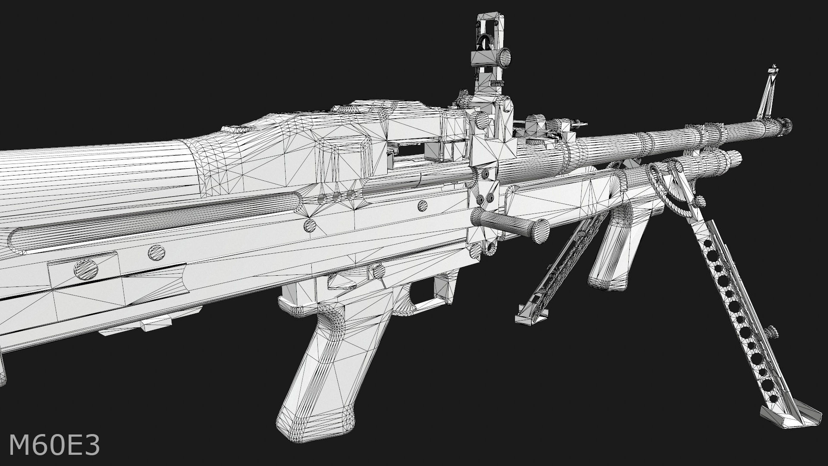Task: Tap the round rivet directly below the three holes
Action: click(310, 225)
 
